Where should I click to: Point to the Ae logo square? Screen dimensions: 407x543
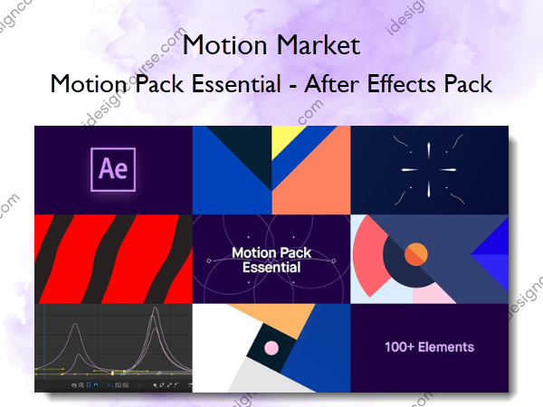(111, 169)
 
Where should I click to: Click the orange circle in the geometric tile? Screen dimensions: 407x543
(415, 254)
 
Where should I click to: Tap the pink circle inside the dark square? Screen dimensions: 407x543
(270, 347)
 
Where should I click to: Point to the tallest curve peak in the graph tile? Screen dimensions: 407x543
(155, 316)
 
